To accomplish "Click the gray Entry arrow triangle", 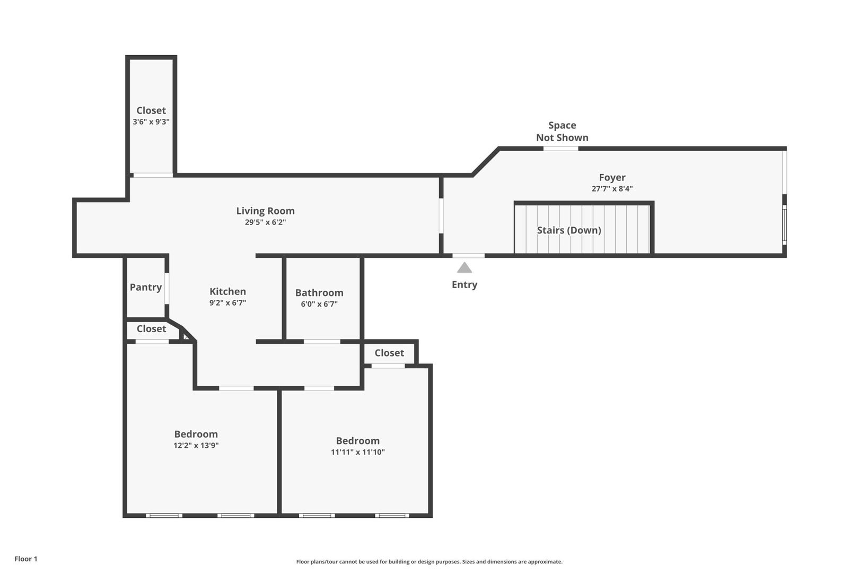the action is tap(464, 267).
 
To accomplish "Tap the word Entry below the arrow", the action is tap(464, 285).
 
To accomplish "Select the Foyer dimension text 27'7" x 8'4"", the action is tap(612, 188).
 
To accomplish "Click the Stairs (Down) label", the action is tap(569, 230).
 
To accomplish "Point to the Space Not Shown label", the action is tap(562, 131).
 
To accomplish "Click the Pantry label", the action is tap(146, 288).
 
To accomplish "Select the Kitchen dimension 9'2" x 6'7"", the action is tap(228, 303).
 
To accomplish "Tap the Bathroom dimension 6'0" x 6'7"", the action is tap(319, 304).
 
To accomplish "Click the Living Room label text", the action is tap(265, 211).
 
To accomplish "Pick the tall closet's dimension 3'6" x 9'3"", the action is tap(151, 121).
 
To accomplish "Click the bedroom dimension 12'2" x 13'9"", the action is tap(196, 445).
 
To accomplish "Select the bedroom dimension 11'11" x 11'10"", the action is tap(358, 452).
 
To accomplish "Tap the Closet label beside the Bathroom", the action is tap(389, 353).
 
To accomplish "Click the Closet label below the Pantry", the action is tap(152, 329).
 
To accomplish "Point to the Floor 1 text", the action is tap(26, 559).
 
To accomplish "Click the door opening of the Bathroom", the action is tap(322, 342).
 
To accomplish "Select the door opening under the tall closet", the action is tap(153, 175).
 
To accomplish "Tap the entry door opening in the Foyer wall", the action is tap(468, 256).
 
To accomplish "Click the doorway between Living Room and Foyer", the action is tap(441, 216).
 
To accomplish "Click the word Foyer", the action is tap(612, 178).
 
